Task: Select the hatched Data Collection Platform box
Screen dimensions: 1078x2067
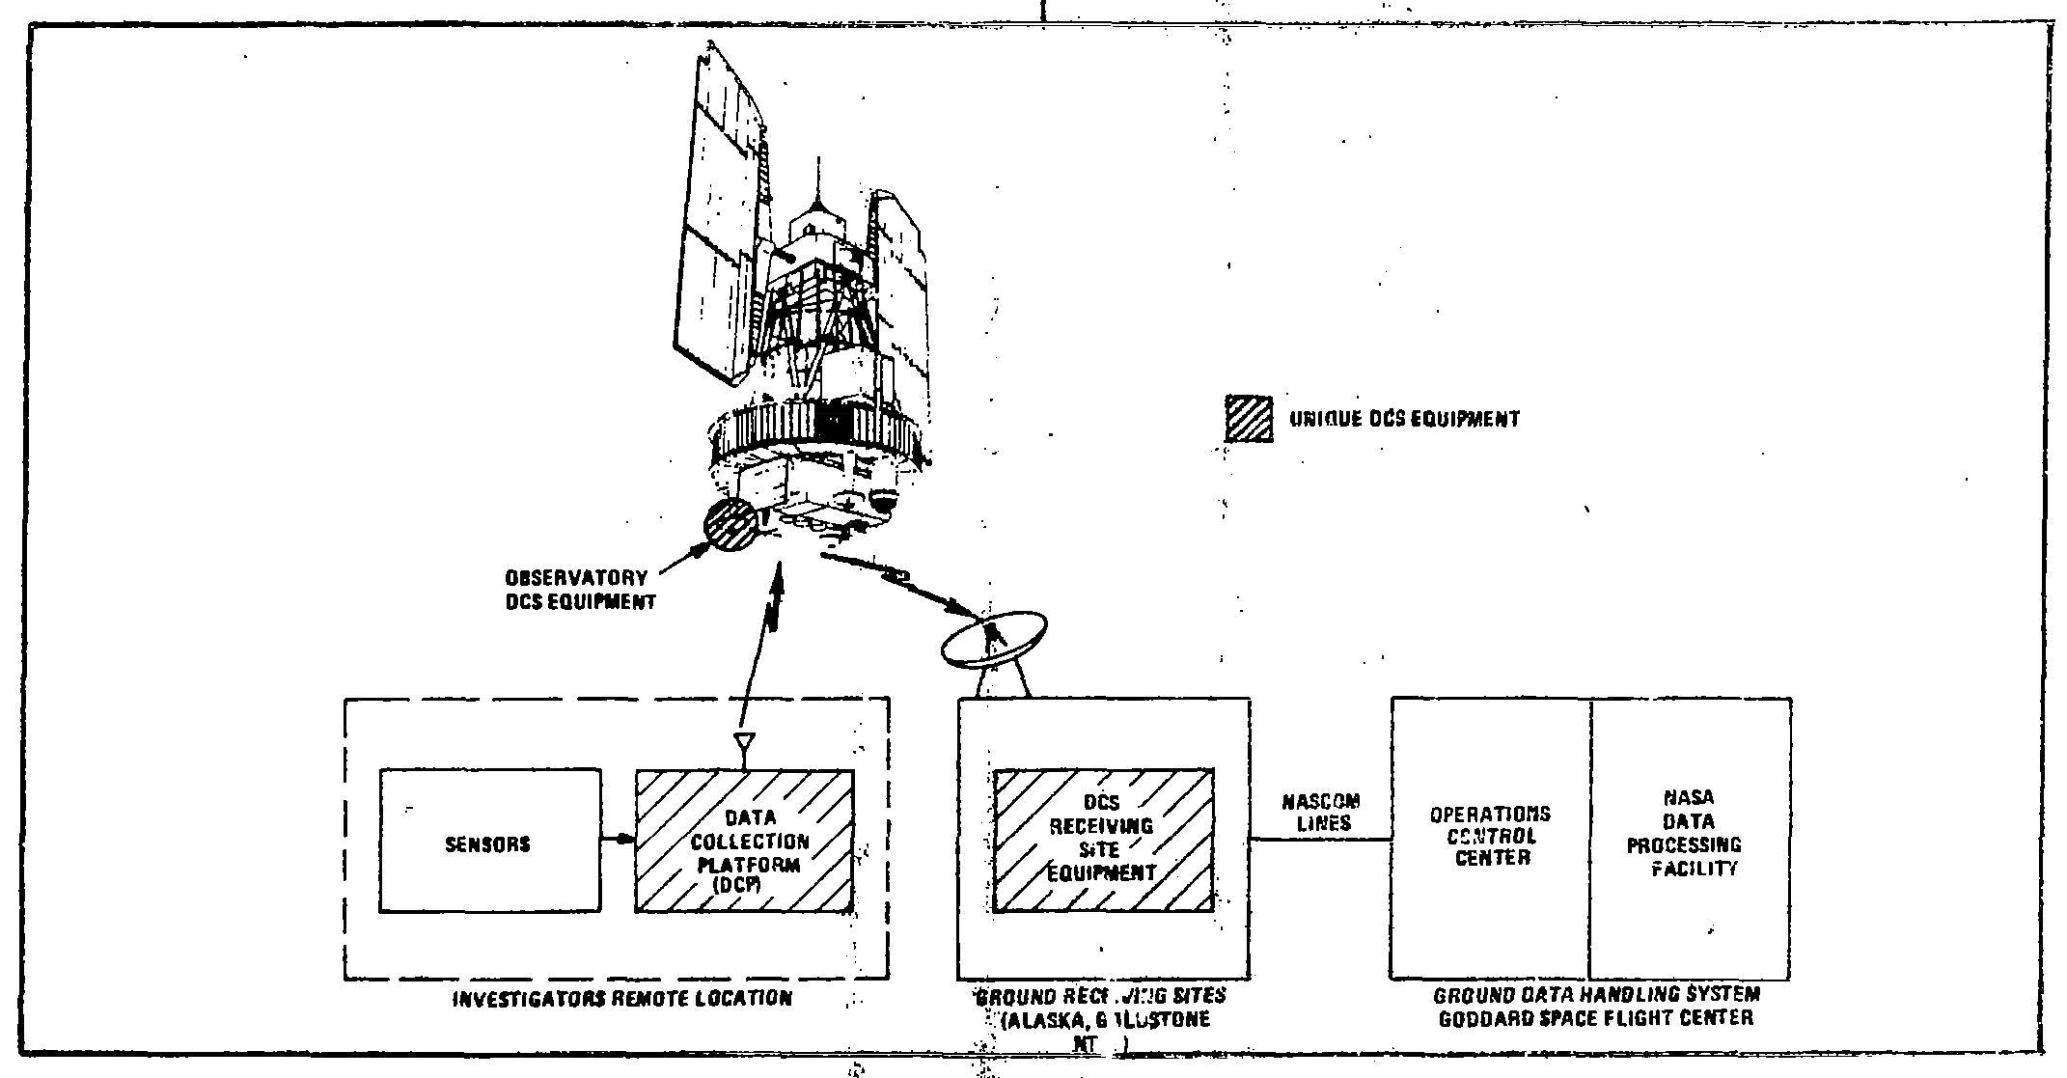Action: tap(744, 841)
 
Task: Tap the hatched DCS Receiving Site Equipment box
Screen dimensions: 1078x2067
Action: tap(1103, 841)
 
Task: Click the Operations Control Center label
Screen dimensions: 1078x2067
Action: tap(1490, 835)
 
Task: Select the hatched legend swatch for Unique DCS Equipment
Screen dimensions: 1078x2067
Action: tap(1249, 419)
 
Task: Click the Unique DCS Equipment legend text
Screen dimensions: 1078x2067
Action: tap(1404, 419)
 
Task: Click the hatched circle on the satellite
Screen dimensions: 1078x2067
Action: tap(730, 525)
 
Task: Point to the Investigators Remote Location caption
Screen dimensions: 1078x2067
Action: tap(622, 998)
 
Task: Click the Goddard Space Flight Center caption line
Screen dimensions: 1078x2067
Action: tap(1595, 1018)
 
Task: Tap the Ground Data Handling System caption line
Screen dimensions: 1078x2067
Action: tap(1596, 995)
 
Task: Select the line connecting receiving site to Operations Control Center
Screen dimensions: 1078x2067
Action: tap(1320, 840)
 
